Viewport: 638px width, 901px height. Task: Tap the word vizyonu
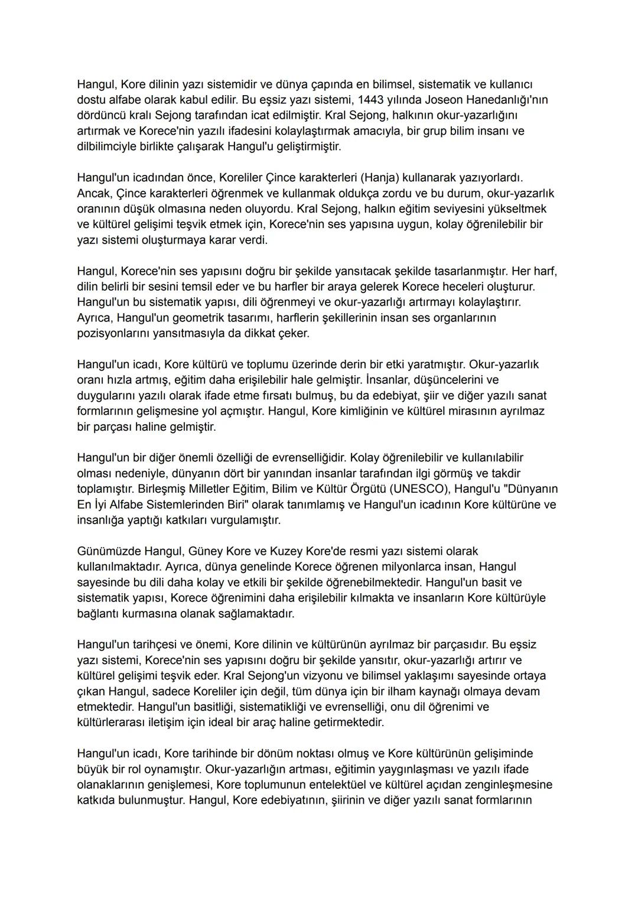[x=325, y=675]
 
